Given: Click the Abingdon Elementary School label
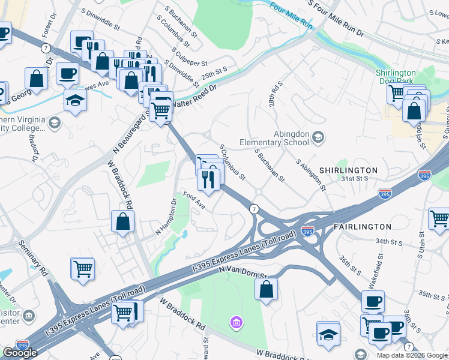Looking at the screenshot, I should [x=273, y=139].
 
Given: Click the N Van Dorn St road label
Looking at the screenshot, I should [x=244, y=274].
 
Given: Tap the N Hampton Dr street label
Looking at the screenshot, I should [x=166, y=217].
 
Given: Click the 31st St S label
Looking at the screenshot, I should [x=354, y=179].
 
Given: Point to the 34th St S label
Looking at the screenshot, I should [x=388, y=241].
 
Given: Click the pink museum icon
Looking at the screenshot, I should [x=237, y=324].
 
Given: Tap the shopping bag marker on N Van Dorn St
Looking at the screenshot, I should [x=266, y=289].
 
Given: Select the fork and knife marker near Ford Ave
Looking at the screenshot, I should [x=208, y=179].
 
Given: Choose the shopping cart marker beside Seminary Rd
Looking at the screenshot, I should [x=82, y=269].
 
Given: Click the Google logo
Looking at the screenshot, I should [x=20, y=353].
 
